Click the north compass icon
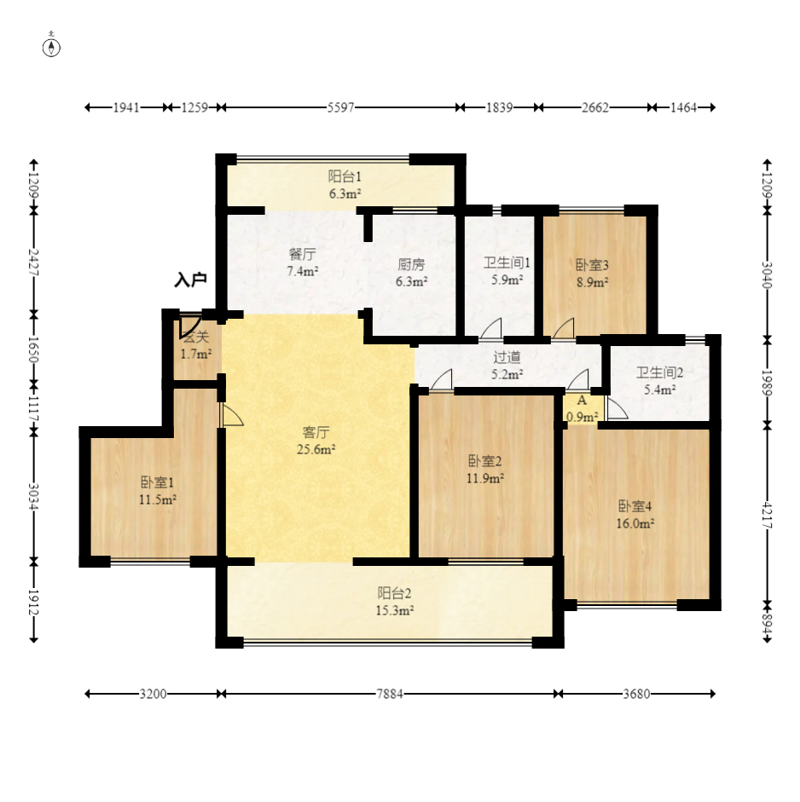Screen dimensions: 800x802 51,47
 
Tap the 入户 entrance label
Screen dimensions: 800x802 190,280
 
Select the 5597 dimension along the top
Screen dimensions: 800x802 341,107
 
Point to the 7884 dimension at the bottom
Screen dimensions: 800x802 390,694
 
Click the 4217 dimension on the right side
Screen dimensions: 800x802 767,515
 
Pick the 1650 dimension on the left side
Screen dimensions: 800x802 34,349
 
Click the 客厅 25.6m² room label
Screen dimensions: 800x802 316,441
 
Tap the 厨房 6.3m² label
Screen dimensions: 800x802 412,273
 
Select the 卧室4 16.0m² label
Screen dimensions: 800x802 635,515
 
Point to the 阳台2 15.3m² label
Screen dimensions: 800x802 395,602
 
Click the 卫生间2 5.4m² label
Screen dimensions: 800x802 660,381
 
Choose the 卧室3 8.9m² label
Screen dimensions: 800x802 592,273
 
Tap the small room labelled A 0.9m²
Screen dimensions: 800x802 582,409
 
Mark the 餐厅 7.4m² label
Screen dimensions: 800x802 303,263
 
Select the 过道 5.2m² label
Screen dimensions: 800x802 507,366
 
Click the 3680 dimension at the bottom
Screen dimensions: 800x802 637,694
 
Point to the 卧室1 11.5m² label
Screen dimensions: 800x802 158,491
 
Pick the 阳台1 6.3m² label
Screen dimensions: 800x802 345,185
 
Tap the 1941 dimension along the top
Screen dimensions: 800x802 126,107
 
